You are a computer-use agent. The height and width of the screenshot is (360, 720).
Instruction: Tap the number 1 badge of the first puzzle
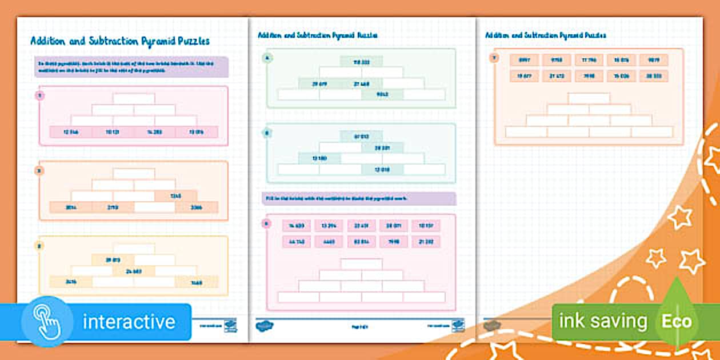(x=40, y=95)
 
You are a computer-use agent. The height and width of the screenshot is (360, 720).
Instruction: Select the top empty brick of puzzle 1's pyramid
(x=134, y=98)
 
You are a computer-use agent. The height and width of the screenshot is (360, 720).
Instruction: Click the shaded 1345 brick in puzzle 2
(x=176, y=196)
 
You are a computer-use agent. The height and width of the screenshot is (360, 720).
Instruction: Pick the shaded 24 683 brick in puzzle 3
(x=134, y=271)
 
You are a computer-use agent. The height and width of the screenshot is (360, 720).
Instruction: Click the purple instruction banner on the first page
(x=131, y=66)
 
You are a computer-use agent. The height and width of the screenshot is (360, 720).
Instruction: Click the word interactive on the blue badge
(x=129, y=322)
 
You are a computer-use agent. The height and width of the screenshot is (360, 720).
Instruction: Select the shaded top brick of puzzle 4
(x=362, y=61)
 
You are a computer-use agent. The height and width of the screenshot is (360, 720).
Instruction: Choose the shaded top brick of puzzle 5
(x=362, y=136)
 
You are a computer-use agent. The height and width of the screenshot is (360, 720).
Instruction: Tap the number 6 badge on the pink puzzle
(x=266, y=223)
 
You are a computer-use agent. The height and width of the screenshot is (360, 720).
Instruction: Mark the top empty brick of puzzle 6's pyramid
(x=362, y=264)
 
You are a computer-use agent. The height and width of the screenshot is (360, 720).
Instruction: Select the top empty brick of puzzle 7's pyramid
(x=589, y=98)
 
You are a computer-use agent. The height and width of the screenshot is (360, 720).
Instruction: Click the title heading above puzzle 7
(x=545, y=35)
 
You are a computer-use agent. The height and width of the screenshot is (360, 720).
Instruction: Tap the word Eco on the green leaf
(x=677, y=322)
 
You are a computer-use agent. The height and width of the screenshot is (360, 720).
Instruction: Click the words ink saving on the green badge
(x=602, y=322)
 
